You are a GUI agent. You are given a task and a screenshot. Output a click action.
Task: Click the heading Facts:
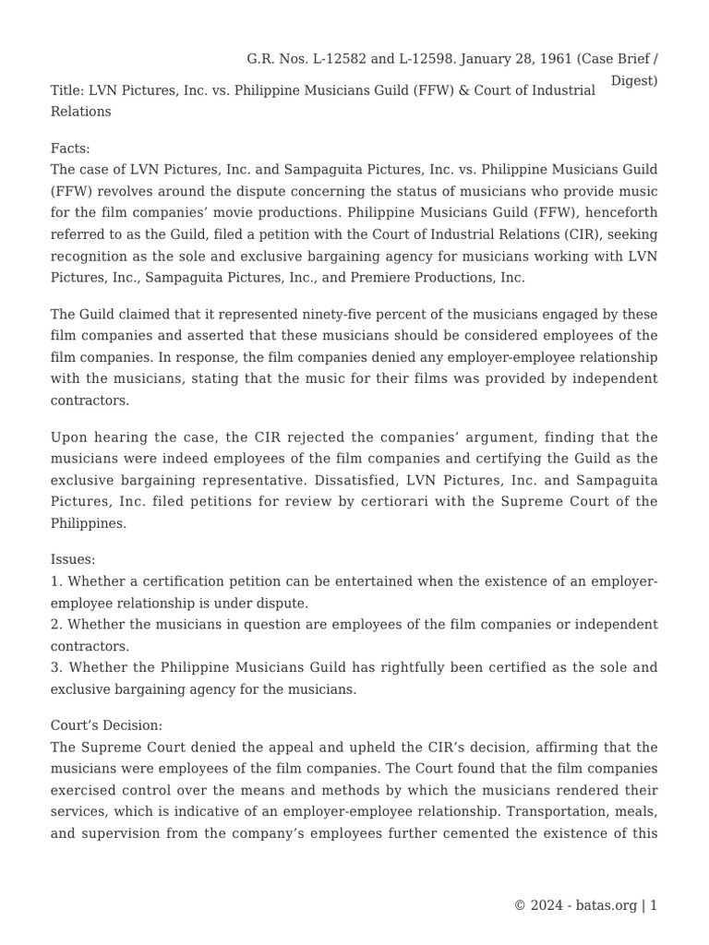pyautogui.click(x=70, y=148)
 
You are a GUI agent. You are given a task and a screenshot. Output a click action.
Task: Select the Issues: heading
pyautogui.click(x=73, y=559)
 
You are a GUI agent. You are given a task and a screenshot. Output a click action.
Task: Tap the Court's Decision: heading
pyautogui.click(x=106, y=725)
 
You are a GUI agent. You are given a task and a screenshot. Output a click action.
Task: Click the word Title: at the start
pyautogui.click(x=67, y=90)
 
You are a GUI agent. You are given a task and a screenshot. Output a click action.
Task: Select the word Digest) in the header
pyautogui.click(x=634, y=80)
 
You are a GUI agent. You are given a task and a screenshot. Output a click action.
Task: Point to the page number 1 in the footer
pyautogui.click(x=654, y=905)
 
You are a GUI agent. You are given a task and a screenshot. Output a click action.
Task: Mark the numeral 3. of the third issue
pyautogui.click(x=56, y=666)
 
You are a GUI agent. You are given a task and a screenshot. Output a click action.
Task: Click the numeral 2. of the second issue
pyautogui.click(x=56, y=625)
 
